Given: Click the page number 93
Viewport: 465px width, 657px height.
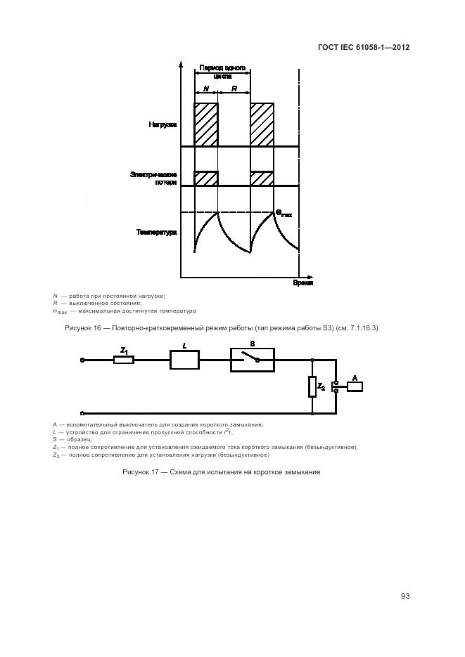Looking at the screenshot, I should pyautogui.click(x=405, y=596).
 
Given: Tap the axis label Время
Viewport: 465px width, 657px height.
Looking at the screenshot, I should pyautogui.click(x=303, y=282).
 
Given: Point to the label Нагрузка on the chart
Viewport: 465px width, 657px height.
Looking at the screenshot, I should pyautogui.click(x=163, y=125).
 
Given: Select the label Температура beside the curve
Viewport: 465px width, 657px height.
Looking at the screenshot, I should pyautogui.click(x=156, y=232).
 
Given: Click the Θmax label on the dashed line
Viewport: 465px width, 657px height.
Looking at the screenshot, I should pyautogui.click(x=283, y=213).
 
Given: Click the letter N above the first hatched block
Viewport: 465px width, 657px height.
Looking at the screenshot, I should pyautogui.click(x=206, y=89).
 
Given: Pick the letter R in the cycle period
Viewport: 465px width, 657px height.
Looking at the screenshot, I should pyautogui.click(x=234, y=89).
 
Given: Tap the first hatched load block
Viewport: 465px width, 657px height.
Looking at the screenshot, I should pyautogui.click(x=206, y=124).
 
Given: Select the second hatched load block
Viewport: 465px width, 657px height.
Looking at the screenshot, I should pyautogui.click(x=262, y=124).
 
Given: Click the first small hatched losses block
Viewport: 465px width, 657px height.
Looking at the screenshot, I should pyautogui.click(x=206, y=178).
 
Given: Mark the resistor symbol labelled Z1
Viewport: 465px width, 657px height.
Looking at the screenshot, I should pyautogui.click(x=124, y=360).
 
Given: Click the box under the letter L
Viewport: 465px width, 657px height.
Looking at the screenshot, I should pyautogui.click(x=184, y=360).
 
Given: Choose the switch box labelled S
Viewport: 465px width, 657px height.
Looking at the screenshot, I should pyautogui.click(x=252, y=360).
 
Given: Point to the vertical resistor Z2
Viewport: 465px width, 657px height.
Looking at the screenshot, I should pyautogui.click(x=312, y=386).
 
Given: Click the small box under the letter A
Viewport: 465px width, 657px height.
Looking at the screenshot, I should pyautogui.click(x=355, y=386).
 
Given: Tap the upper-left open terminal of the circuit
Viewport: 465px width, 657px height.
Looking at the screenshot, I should pyautogui.click(x=84, y=360).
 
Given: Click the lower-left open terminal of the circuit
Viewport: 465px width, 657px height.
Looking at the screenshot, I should pyautogui.click(x=84, y=413).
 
